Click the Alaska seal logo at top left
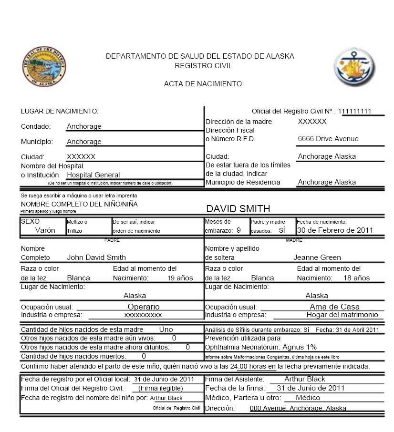pyautogui.click(x=44, y=67)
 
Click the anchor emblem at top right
pyautogui.click(x=354, y=67)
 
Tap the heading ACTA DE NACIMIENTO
pyautogui.click(x=203, y=84)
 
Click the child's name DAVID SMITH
pyautogui.click(x=238, y=209)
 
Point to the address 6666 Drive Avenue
pyautogui.click(x=328, y=139)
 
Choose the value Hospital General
pyautogui.click(x=93, y=175)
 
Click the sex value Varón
pyautogui.click(x=45, y=230)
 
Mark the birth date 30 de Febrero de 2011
pyautogui.click(x=335, y=230)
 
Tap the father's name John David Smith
pyautogui.click(x=96, y=257)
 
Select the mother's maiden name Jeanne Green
pyautogui.click(x=317, y=257)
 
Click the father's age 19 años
pyautogui.click(x=180, y=278)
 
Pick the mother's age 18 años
pyautogui.click(x=357, y=278)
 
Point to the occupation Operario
pyautogui.click(x=144, y=307)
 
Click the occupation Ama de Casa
pyautogui.click(x=334, y=307)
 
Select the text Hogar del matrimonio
pyautogui.click(x=342, y=315)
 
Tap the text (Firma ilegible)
pyautogui.click(x=161, y=388)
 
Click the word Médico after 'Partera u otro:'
pyautogui.click(x=308, y=398)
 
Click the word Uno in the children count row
pyautogui.click(x=166, y=329)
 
